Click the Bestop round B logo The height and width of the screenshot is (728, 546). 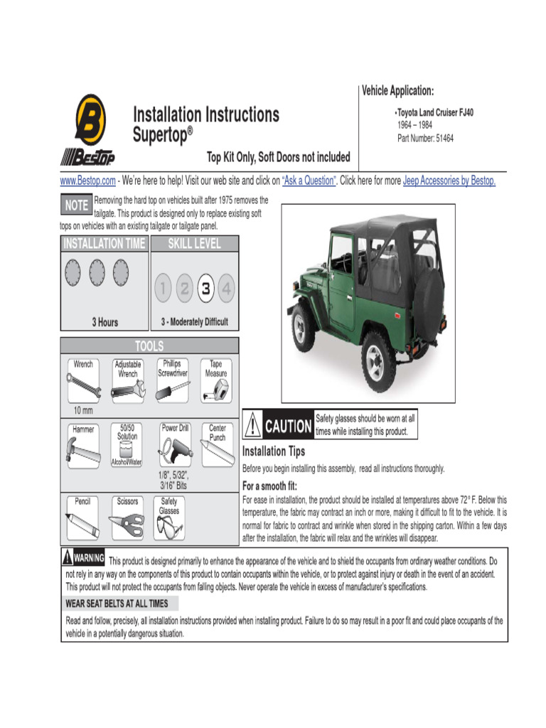pos(90,119)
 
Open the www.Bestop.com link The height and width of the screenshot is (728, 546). pos(87,181)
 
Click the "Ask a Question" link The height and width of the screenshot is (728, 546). pos(309,181)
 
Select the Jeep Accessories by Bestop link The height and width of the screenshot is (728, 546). pos(449,181)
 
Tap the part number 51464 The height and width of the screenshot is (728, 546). pos(444,139)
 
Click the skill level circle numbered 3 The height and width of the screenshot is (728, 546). pos(206,288)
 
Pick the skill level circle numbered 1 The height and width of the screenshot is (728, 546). pos(164,288)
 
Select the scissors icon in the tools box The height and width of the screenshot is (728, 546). pos(127,525)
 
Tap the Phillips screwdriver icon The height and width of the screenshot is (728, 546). pos(173,387)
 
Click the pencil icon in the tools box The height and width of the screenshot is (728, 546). pos(82,526)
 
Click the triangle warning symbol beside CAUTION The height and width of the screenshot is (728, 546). pos(252,426)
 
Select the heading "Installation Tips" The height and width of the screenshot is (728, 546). pos(274,451)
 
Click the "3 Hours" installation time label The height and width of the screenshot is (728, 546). pos(105,322)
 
